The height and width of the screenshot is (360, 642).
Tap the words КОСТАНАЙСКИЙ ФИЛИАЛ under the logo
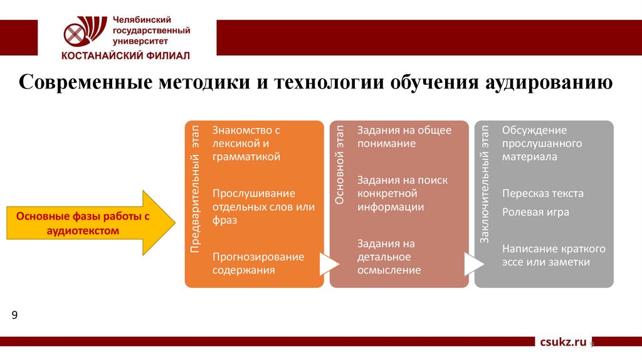125,55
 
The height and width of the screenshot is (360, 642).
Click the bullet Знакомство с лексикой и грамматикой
246,144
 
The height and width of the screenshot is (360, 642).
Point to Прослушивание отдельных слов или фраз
263,206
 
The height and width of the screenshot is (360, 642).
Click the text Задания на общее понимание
404,137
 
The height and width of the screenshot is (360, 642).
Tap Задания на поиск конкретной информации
402,193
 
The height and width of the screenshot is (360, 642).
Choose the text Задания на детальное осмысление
389,257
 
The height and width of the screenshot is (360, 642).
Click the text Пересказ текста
542,193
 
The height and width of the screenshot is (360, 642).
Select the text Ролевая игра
535,212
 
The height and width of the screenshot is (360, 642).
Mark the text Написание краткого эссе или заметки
554,255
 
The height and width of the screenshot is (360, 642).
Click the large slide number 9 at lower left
14,314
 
